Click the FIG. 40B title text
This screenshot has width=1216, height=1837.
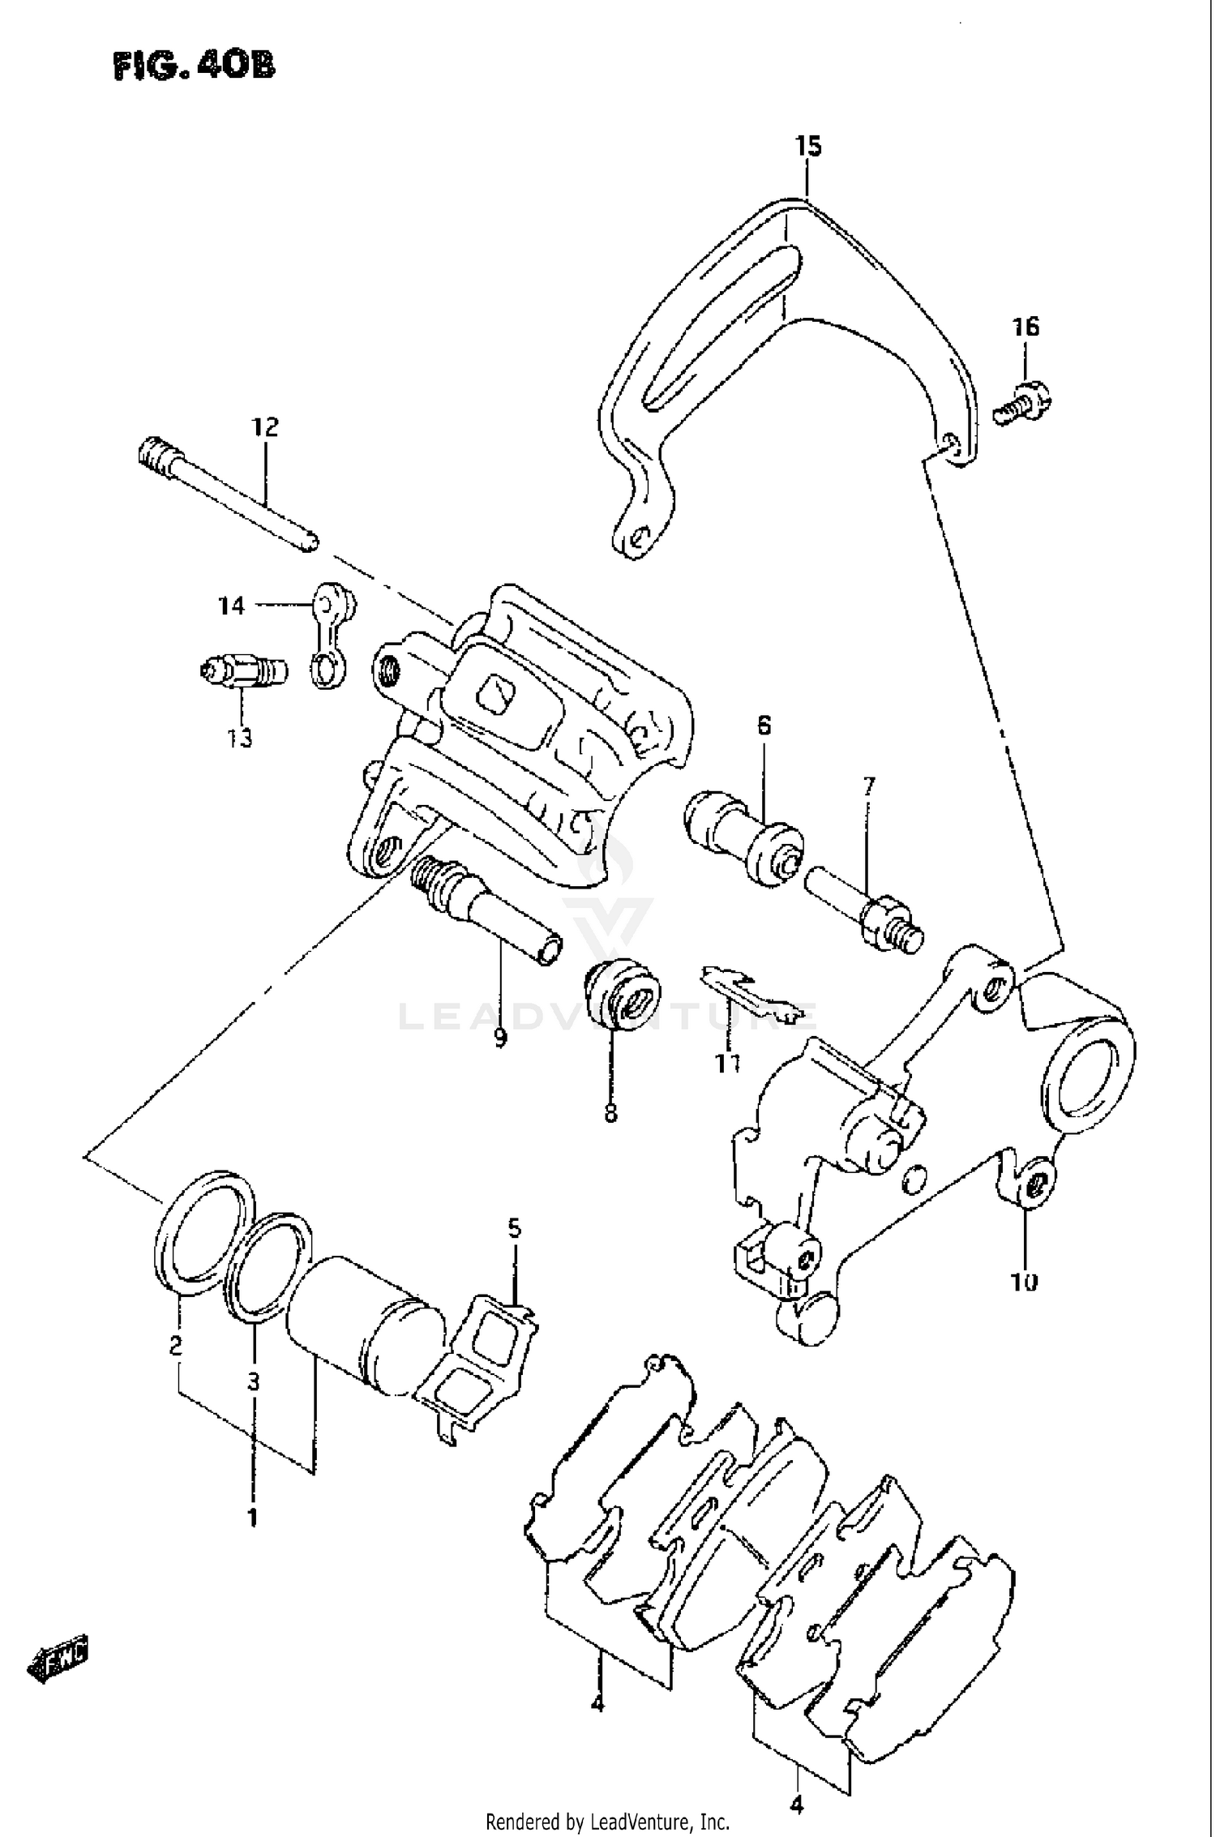(x=194, y=65)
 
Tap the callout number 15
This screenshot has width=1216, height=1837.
(x=807, y=147)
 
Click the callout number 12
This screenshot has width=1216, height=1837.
(x=264, y=427)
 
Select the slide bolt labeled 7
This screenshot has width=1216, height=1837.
(x=864, y=906)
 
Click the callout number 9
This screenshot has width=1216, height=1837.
(x=499, y=1037)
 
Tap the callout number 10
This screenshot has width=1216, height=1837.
(x=1025, y=1282)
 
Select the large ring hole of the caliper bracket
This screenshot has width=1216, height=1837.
(x=1088, y=1079)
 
